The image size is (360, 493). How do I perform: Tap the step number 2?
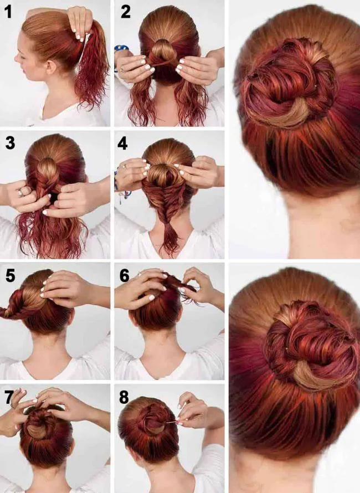click(126, 12)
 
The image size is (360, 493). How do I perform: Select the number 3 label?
click(9, 142)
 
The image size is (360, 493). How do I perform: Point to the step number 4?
click(124, 143)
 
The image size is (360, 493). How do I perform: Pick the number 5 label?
click(9, 275)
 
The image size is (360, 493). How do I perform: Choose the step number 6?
click(124, 275)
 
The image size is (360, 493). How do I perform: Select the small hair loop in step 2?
click(162, 53)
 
